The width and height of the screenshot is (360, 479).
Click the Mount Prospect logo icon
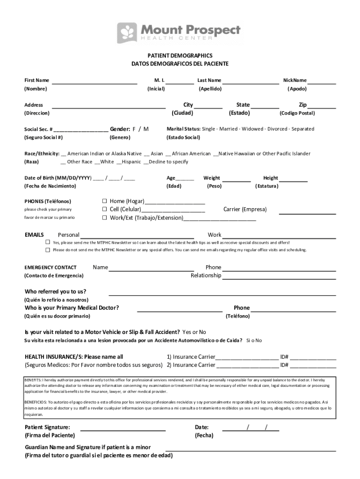pos(127,33)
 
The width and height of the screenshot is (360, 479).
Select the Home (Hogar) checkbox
pos(105,201)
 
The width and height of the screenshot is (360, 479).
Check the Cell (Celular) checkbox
pos(105,209)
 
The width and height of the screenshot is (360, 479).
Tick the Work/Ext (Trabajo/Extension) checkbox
pos(105,218)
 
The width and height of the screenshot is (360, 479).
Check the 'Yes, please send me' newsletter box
pos(48,242)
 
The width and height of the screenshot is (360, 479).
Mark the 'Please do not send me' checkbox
pos(48,250)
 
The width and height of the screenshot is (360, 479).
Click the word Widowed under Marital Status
pos(250,129)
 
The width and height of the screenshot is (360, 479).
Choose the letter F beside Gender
pos(134,129)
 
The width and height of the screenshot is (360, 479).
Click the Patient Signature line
pos(123,429)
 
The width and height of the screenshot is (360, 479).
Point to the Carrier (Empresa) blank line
pos(307,213)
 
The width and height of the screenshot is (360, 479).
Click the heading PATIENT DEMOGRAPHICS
pos(180,55)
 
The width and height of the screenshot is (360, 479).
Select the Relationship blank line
pos(279,278)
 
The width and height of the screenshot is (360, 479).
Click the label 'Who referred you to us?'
pos(55,291)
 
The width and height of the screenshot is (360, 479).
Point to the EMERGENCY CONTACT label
pos(50,268)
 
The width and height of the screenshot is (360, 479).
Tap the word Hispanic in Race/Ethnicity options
pos(131,162)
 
